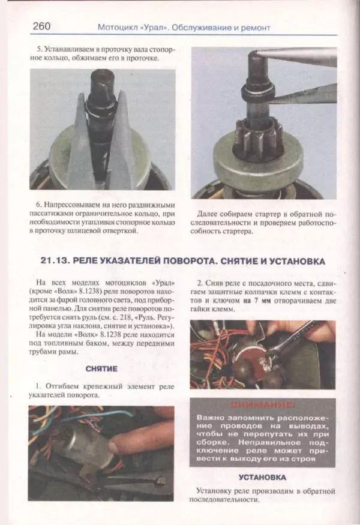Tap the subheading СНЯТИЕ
pos(101,368)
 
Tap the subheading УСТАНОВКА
pos(262,478)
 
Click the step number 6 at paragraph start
pos(40,203)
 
